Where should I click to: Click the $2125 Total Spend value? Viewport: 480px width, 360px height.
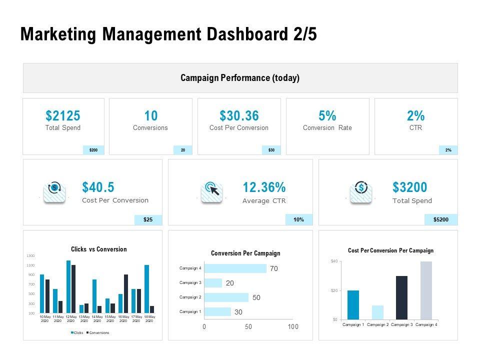point(63,116)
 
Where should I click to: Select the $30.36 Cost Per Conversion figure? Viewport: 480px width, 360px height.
point(239,116)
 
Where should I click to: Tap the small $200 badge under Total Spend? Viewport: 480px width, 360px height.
point(93,150)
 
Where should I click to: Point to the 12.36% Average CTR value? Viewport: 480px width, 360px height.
point(264,187)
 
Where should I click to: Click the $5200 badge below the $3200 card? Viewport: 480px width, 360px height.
point(441,219)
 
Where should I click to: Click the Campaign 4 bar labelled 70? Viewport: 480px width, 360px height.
point(235,268)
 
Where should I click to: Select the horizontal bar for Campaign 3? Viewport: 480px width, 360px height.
point(213,283)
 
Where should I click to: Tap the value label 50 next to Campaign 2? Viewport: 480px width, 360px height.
point(256,297)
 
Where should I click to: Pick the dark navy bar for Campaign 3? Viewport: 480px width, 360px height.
point(401,297)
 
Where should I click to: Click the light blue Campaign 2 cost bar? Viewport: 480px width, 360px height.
point(377,312)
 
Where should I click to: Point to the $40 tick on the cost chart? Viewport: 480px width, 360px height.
point(334,261)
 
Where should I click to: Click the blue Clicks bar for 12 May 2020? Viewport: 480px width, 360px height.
point(68,286)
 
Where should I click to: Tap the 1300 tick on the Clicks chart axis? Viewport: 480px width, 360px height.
point(30,256)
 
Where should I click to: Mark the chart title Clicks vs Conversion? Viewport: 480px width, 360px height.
point(99,249)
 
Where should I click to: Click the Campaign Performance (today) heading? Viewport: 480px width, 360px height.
point(240,78)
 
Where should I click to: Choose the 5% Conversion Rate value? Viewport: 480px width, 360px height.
point(327,116)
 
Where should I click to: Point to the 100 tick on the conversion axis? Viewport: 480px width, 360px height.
point(293,326)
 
